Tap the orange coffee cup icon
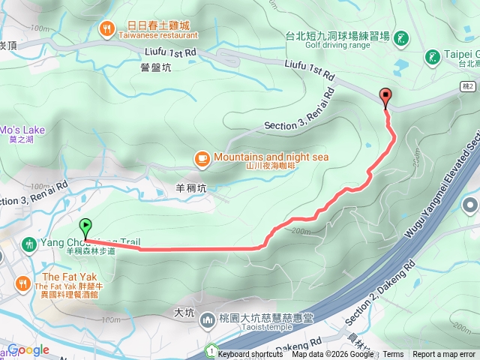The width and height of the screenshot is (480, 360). (x=202, y=158)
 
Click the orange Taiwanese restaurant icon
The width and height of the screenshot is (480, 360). (x=107, y=29)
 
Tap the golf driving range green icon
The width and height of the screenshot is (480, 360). (x=402, y=37)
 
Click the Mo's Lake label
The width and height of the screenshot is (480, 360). (x=22, y=130)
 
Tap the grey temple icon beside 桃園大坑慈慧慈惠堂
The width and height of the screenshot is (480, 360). (x=208, y=320)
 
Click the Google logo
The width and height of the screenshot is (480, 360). (x=28, y=349)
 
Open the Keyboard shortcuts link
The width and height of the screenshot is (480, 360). (x=250, y=355)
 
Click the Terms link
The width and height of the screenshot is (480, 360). (x=393, y=355)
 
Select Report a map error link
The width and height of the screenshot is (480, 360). (x=444, y=355)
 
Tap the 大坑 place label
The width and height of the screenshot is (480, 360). (x=184, y=310)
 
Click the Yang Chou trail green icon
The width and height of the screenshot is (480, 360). (x=28, y=244)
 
